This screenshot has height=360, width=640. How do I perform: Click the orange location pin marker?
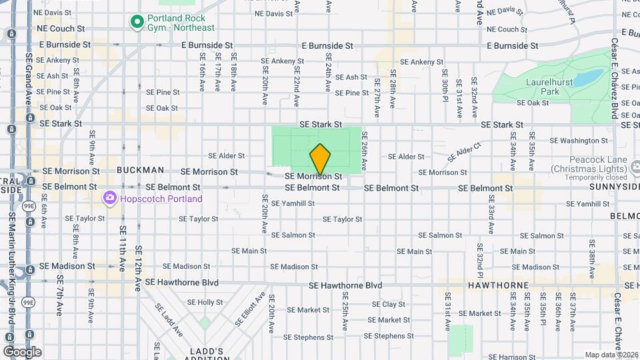pyautogui.click(x=320, y=159)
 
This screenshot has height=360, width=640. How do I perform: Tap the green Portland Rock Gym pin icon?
pyautogui.click(x=137, y=22)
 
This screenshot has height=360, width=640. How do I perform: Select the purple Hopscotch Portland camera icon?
pyautogui.click(x=109, y=199)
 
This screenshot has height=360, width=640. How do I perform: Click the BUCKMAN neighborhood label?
pyautogui.click(x=140, y=170)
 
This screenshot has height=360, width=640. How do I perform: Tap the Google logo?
pyautogui.click(x=22, y=352)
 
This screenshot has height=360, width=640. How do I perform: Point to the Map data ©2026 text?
pyautogui.click(x=611, y=355)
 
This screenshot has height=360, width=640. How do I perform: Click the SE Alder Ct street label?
pyautogui.click(x=464, y=151)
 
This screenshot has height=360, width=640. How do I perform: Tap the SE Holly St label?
pyautogui.click(x=205, y=302)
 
